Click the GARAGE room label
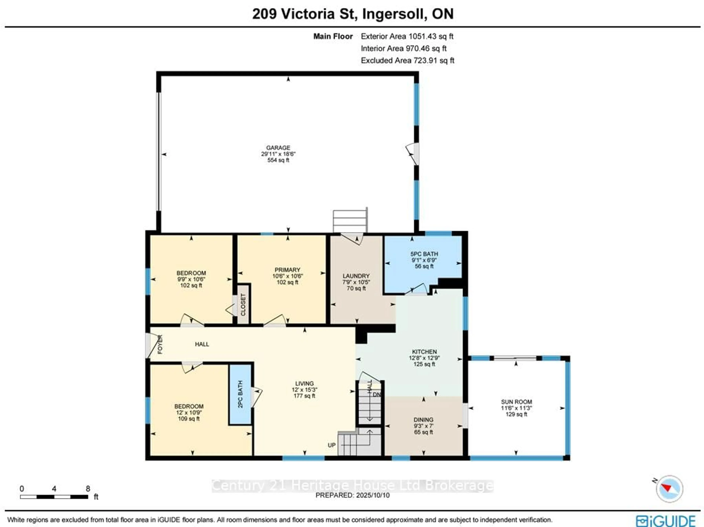tap(278, 148)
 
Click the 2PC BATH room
tap(240, 394)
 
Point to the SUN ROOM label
tap(516, 402)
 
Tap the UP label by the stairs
tap(332, 445)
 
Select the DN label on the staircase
tap(377, 394)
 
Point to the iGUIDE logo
tap(666, 521)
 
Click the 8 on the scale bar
tap(88, 489)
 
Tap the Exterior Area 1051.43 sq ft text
tap(407, 36)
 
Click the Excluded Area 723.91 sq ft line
tap(407, 60)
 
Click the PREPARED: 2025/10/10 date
tap(352, 495)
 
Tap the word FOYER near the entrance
tap(160, 344)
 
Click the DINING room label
tap(423, 419)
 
